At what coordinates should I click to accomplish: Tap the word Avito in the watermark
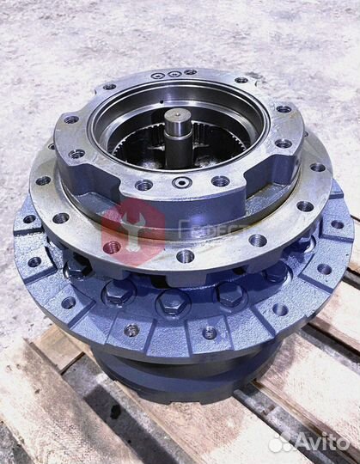[319, 443]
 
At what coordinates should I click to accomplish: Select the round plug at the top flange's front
[180, 183]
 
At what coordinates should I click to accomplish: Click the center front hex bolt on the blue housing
[174, 300]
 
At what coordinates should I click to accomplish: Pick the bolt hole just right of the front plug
[220, 181]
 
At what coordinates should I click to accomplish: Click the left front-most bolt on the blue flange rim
[131, 330]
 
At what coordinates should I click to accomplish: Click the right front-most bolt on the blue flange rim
[209, 332]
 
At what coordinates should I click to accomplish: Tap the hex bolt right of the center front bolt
[230, 294]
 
